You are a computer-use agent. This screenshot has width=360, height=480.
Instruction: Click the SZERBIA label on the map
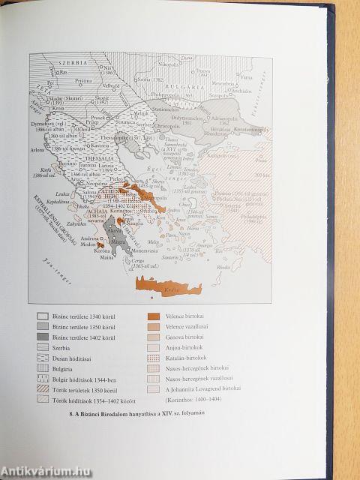tap(61, 64)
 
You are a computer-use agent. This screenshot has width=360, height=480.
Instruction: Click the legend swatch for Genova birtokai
tap(154, 338)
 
